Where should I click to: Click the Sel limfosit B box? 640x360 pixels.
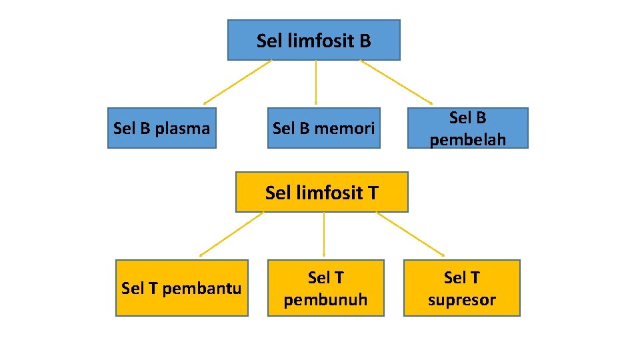coord(313,40)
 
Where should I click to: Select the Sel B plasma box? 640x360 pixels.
coord(161,128)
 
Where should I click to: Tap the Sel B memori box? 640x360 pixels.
coord(323,128)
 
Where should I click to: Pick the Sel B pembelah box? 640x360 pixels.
coord(467,128)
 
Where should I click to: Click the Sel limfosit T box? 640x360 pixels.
coord(321,193)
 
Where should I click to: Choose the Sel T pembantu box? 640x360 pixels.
coord(181,288)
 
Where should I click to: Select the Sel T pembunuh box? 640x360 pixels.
coord(325,288)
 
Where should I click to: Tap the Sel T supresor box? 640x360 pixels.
coord(461,288)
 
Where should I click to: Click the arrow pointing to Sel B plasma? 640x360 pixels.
coord(237,83)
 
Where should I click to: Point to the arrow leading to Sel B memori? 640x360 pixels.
coord(315,83)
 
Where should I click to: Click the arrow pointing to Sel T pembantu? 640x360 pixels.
coord(231,235)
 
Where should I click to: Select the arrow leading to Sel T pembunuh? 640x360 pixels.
coord(323,235)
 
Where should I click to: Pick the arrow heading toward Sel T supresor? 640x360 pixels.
coord(410,235)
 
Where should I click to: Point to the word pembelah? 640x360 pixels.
coord(467,140)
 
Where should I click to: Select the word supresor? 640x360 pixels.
coord(461,300)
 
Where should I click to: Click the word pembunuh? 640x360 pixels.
coord(325,300)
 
